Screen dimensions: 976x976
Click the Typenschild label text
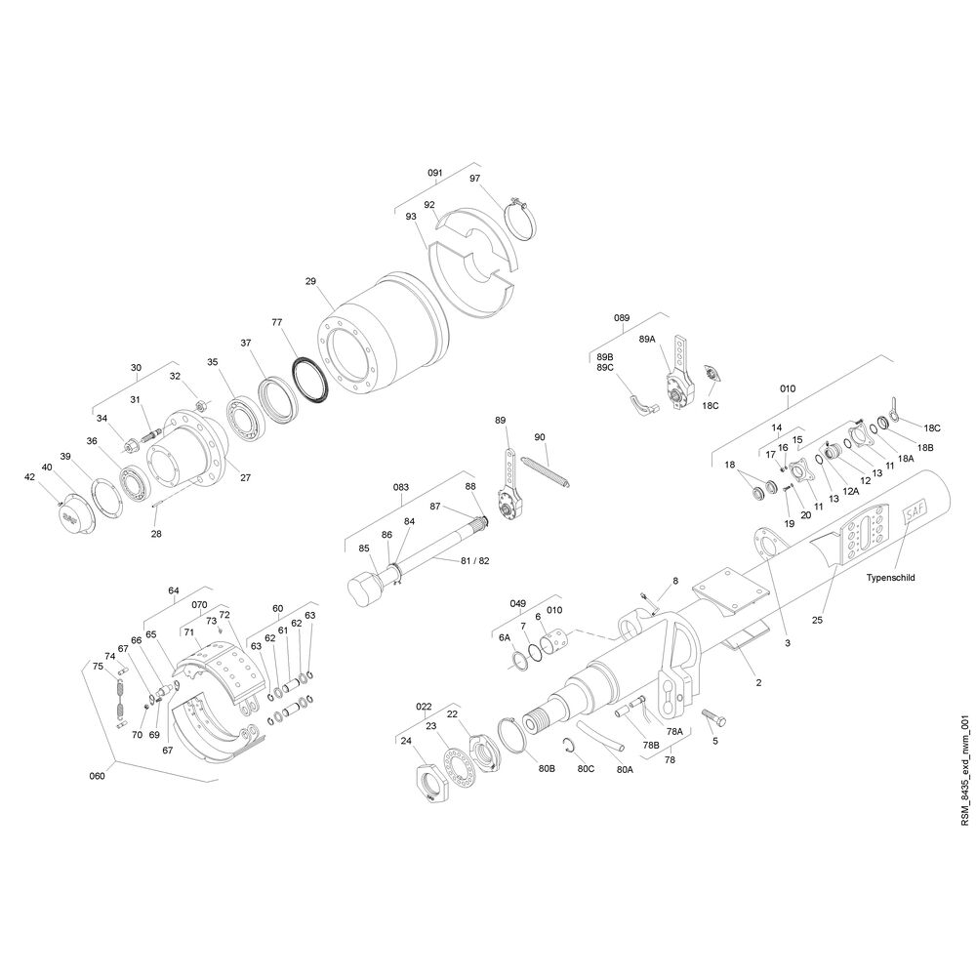[890, 577]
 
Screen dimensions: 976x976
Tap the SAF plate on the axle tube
[915, 513]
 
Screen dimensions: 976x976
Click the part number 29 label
[310, 281]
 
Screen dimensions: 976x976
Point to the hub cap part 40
[76, 514]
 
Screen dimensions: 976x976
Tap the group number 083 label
[401, 486]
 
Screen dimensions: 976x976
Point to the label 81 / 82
[475, 561]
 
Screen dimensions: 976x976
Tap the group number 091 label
[434, 173]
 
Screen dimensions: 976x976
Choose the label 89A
[647, 340]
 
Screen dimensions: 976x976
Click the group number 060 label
[97, 776]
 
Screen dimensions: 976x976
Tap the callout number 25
[817, 620]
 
